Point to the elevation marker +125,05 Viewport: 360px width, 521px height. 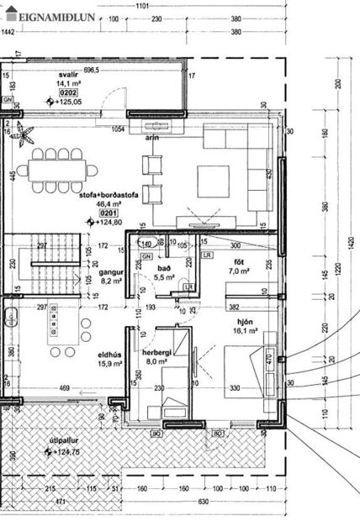(70, 102)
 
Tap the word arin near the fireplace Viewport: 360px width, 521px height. (152, 136)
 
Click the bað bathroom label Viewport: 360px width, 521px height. (163, 268)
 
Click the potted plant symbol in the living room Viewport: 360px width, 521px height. (24, 134)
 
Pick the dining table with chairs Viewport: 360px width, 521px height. (56, 168)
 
